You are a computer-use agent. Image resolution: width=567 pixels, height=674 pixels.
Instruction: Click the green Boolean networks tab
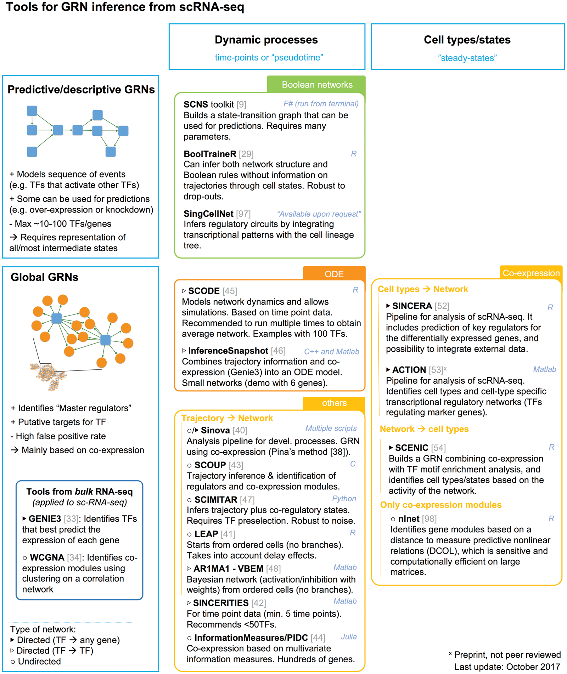tap(317, 85)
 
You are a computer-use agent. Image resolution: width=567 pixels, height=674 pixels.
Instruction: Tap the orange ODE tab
tap(334, 274)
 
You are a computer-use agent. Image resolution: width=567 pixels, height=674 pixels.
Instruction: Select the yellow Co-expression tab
tap(531, 273)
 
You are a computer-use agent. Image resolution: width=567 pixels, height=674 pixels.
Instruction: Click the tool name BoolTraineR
tap(210, 154)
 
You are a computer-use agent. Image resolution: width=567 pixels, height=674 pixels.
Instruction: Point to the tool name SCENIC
tap(411, 448)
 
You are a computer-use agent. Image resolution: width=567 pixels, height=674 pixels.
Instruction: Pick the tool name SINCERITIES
tap(221, 603)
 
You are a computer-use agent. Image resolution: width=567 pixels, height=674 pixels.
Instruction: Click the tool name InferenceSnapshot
tap(228, 351)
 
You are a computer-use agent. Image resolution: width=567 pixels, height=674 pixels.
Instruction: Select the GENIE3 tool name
tap(45, 519)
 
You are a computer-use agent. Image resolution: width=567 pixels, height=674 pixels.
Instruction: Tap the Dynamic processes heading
tap(266, 40)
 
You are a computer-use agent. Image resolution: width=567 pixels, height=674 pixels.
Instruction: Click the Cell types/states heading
tap(467, 40)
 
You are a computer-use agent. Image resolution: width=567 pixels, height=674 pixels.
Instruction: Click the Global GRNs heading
tap(44, 277)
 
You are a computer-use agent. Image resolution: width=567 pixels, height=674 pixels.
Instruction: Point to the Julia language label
tap(349, 636)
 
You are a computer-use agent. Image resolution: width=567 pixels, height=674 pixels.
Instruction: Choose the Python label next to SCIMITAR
tap(344, 498)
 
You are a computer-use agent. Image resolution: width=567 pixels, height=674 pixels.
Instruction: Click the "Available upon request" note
tap(319, 214)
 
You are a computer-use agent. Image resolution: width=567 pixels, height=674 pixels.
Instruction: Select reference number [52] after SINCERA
tap(442, 306)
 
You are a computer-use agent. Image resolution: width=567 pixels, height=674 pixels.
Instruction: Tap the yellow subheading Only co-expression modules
tap(440, 505)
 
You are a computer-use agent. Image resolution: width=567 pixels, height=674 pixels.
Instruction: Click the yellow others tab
tap(334, 403)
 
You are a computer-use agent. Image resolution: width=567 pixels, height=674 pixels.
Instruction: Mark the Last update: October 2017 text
tap(507, 667)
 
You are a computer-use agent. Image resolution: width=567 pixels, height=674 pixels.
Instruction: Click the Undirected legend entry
tap(39, 661)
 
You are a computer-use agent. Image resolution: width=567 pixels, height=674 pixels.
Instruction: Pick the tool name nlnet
tap(409, 519)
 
